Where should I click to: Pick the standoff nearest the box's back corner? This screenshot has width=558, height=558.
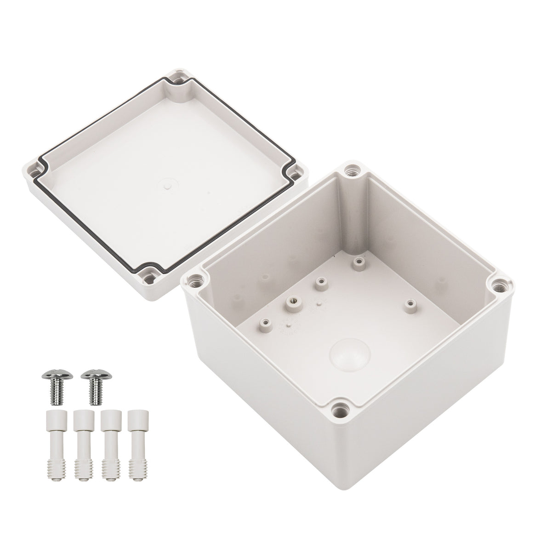[357, 262]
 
